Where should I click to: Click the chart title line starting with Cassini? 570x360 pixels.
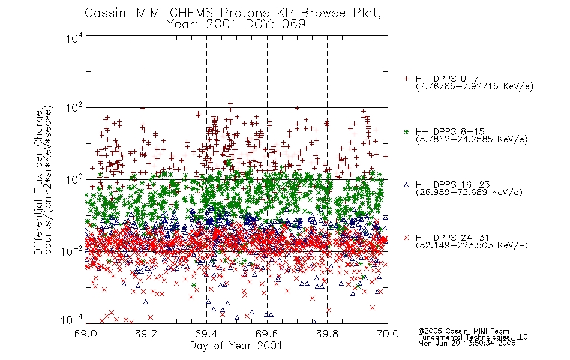[x=233, y=13]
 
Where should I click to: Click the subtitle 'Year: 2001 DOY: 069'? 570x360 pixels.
[x=236, y=25]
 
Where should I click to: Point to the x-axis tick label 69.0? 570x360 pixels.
[x=85, y=334]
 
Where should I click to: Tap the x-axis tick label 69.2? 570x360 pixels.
[x=146, y=334]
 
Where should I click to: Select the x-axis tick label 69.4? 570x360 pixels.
[x=206, y=334]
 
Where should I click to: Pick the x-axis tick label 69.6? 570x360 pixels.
[x=267, y=334]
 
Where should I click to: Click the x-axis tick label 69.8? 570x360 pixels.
[x=327, y=334]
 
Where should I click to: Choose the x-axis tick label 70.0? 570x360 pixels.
[x=388, y=334]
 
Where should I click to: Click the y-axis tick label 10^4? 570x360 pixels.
[x=74, y=38]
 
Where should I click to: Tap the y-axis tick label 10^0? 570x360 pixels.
[x=74, y=180]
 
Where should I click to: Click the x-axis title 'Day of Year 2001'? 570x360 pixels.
[x=236, y=346]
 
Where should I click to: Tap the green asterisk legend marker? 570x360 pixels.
[x=406, y=132]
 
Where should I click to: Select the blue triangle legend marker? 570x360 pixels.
[x=406, y=185]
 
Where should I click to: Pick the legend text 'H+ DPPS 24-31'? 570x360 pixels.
[x=452, y=238]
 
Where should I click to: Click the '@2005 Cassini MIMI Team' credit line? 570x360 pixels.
[x=463, y=331]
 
